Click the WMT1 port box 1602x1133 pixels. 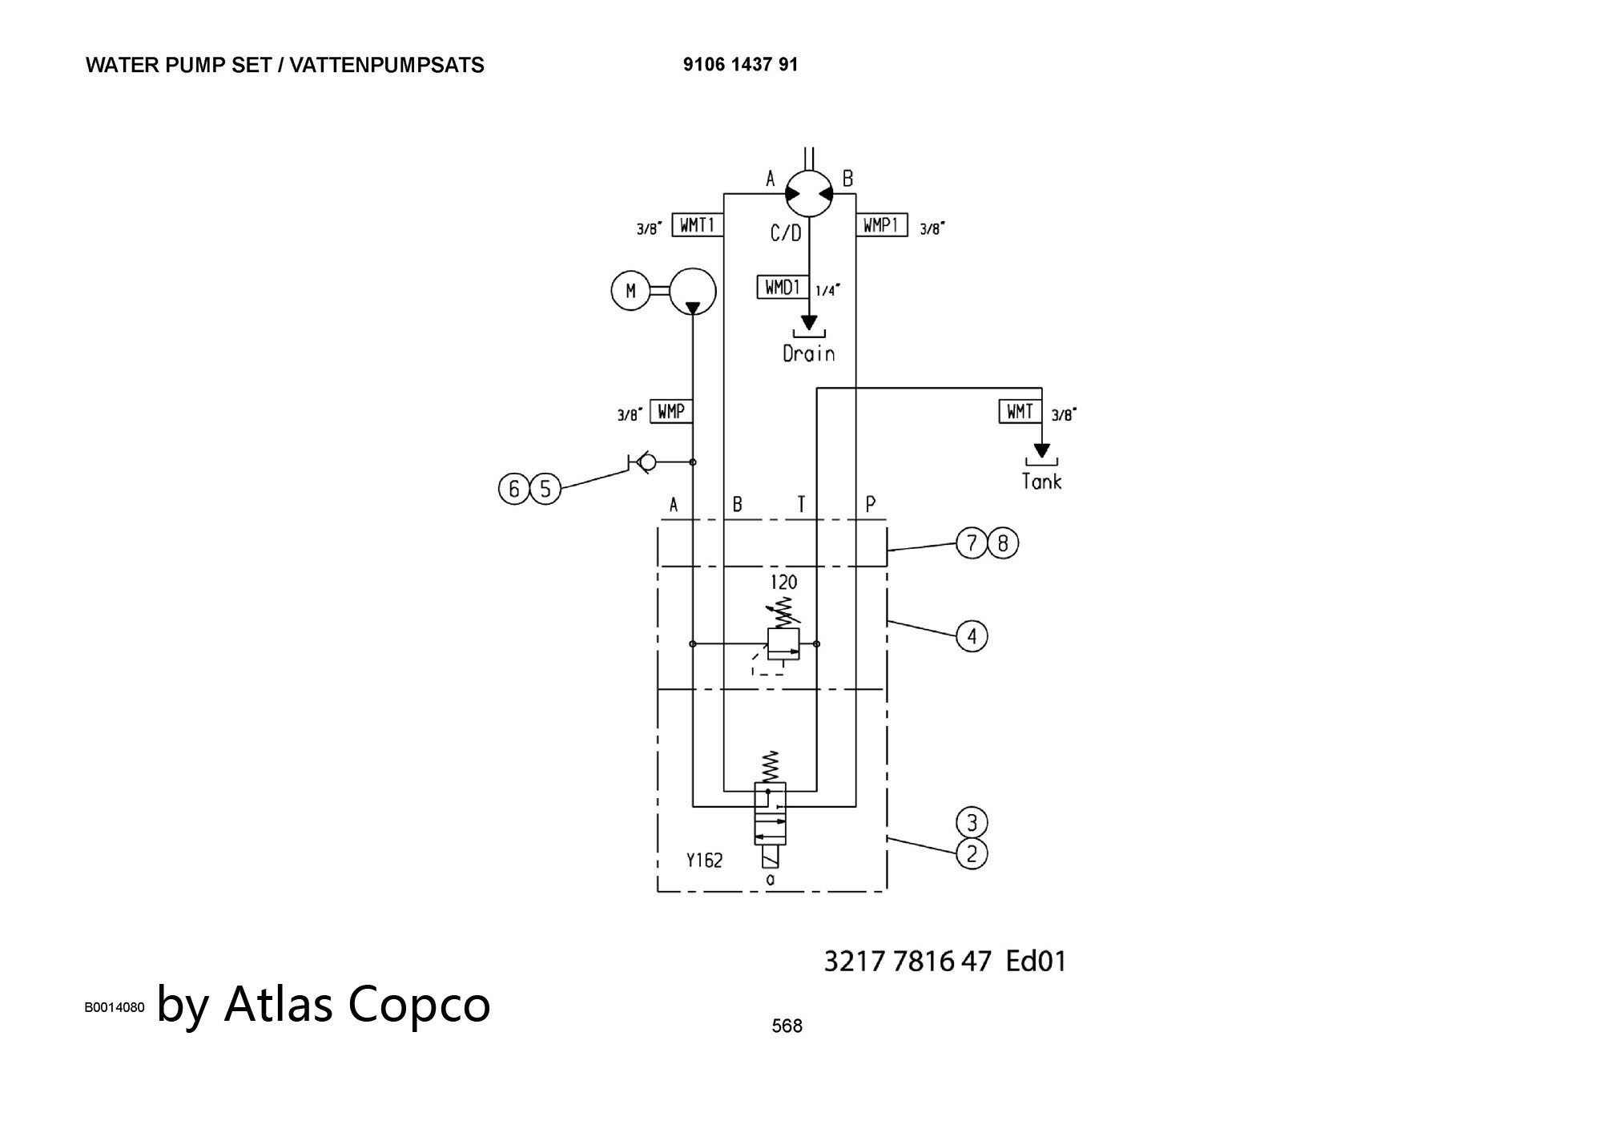(x=698, y=226)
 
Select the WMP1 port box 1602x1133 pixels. (x=881, y=226)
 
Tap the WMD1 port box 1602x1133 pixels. (x=783, y=287)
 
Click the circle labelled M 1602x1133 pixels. (x=630, y=290)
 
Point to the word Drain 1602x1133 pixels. (x=809, y=353)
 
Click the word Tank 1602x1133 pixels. (x=1041, y=481)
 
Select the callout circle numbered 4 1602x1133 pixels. (x=972, y=636)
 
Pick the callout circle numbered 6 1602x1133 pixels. (x=514, y=489)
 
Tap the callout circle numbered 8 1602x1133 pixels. (x=1003, y=544)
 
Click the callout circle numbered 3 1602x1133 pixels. (x=972, y=823)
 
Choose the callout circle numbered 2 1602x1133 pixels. (x=972, y=854)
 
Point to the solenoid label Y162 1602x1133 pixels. (x=704, y=861)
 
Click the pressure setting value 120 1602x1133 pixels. (x=783, y=582)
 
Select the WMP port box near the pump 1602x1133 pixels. (x=671, y=412)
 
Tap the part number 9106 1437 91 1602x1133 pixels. (x=741, y=64)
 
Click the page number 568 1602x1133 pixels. (x=787, y=1026)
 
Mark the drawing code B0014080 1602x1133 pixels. (x=115, y=1007)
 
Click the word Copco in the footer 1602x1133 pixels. (x=419, y=1005)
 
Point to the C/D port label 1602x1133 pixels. (x=786, y=233)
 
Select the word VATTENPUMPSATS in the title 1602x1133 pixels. (x=387, y=65)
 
